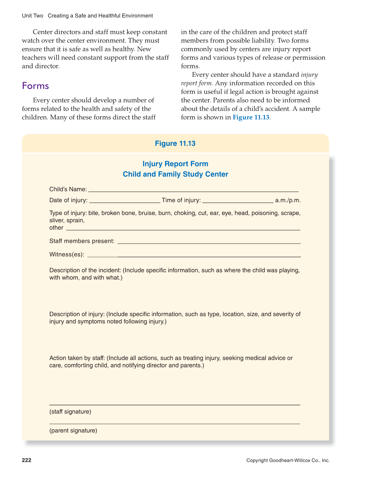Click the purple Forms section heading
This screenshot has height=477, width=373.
coord(35,86)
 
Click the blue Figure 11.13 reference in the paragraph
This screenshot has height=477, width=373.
coord(251,117)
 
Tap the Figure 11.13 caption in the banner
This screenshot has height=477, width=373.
coord(175,144)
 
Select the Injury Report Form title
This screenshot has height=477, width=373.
coord(175,164)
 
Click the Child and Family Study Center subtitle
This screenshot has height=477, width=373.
coord(175,174)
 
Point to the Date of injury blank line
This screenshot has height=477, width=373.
coord(124,202)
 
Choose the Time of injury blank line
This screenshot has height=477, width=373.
coord(237,202)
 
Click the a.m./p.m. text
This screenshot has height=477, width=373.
coord(288,200)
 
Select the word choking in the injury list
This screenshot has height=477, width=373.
coord(185,213)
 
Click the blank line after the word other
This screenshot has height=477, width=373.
coord(183,229)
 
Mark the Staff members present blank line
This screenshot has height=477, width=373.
coord(209,243)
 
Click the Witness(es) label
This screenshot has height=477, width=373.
coord(67,254)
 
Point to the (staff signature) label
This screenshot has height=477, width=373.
coord(70,412)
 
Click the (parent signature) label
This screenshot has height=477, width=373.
coord(73,431)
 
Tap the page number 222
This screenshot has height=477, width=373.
coord(26,460)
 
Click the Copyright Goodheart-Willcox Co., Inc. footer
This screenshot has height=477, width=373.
coord(288,461)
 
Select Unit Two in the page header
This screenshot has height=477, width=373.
coord(33,16)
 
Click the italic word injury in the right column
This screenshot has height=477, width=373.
coord(309,75)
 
